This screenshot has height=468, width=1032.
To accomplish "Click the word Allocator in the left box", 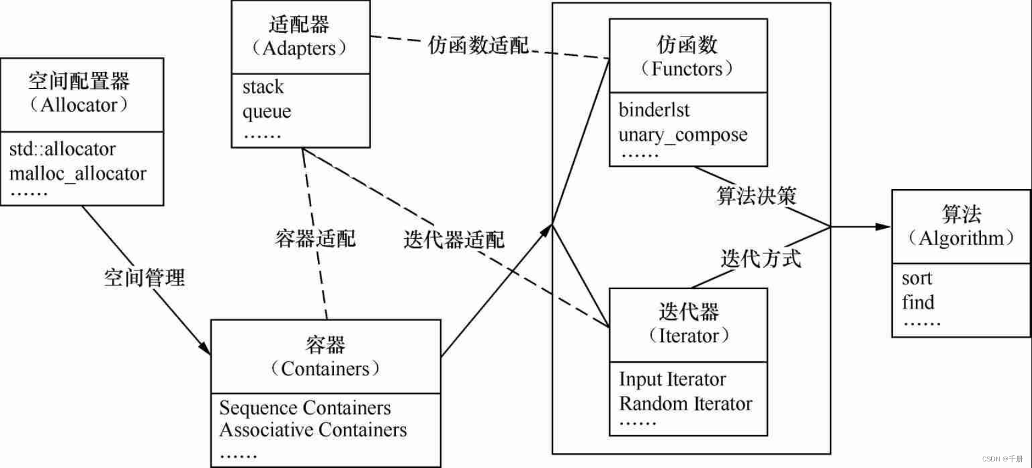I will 79,105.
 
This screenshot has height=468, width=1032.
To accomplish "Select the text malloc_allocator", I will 78,174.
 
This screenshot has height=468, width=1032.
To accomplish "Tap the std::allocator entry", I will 62,149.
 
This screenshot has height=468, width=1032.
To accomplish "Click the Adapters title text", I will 299,48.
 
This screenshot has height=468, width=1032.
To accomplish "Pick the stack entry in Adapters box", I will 263,87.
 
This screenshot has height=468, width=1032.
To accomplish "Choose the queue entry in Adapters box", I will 267,112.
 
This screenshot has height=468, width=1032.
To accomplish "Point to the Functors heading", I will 687,69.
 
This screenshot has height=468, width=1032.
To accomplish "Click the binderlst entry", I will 654,110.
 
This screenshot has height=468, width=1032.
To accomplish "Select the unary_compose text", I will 683,135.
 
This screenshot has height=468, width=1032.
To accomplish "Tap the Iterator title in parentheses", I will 688,335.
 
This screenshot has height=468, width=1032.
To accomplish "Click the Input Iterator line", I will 672,379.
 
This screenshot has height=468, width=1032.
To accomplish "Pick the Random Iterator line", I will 685,404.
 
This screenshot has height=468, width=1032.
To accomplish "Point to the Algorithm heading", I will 961,238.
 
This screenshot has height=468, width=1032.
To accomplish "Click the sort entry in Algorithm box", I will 917,278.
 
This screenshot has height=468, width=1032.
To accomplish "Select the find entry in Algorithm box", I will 918,302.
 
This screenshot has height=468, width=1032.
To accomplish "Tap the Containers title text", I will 325,368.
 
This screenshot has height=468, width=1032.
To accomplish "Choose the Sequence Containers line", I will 305,408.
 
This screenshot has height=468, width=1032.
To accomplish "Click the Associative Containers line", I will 313,430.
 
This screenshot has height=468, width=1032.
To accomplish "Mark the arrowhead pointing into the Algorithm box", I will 883,227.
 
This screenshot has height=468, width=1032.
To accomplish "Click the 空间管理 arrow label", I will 145,277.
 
